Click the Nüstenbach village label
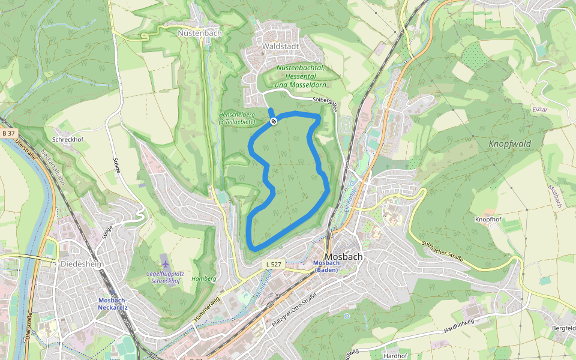tap(200, 34)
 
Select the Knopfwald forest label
tap(509, 144)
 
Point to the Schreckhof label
tap(67, 140)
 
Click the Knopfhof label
tap(488, 220)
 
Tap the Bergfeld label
tap(563, 329)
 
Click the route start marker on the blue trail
tap(274, 122)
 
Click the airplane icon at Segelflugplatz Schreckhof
tap(165, 265)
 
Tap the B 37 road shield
tap(8, 133)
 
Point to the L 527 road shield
tap(273, 264)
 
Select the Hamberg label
tap(203, 278)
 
